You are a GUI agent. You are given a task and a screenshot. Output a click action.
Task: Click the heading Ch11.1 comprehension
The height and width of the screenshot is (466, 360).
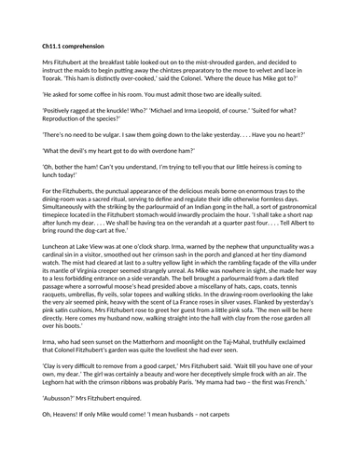[71, 46]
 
